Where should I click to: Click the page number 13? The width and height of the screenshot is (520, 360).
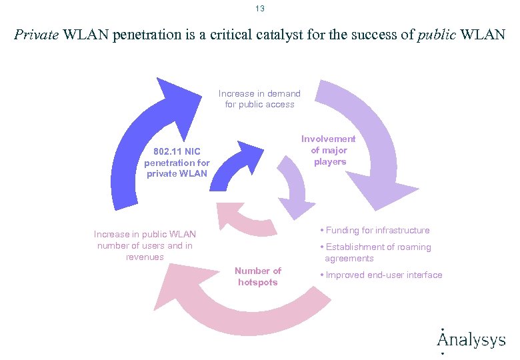click(x=259, y=9)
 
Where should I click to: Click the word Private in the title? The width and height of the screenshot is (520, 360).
click(x=37, y=35)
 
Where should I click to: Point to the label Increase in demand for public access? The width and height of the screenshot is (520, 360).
click(x=259, y=99)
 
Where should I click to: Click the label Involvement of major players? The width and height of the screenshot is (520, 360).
click(x=329, y=150)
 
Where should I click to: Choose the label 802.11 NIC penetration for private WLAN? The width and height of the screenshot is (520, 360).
click(x=177, y=162)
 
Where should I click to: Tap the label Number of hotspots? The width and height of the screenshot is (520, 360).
click(x=257, y=276)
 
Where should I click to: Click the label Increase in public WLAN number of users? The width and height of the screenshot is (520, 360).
click(x=145, y=245)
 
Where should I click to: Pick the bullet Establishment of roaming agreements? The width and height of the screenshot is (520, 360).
click(x=377, y=253)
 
